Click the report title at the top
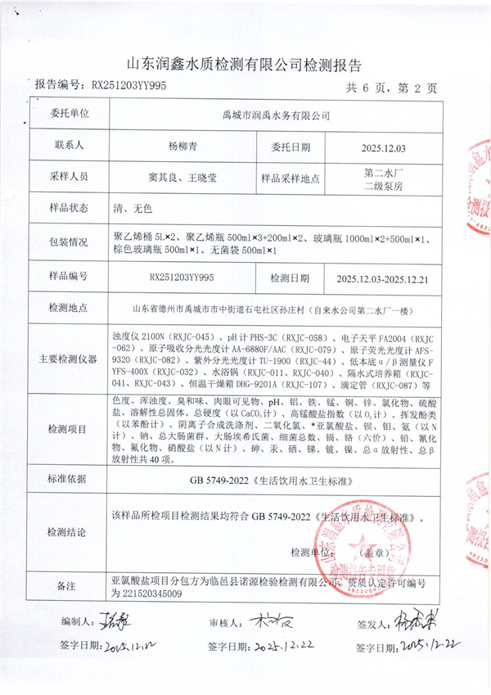tap(245, 65)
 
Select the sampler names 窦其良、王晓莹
tap(182, 176)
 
